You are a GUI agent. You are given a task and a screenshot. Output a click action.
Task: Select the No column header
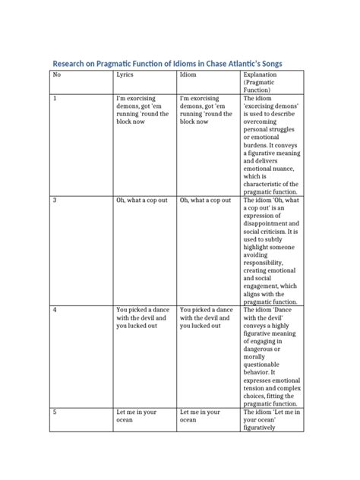pos(55,75)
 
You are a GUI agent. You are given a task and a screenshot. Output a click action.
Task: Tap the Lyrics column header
pos(126,75)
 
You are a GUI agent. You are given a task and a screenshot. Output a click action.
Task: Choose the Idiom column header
pos(188,75)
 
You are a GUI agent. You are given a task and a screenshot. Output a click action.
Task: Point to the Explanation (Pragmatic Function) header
pos(260,82)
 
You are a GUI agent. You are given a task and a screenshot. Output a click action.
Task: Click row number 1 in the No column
pos(54,99)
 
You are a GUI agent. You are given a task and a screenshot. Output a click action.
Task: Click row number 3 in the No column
pos(54,201)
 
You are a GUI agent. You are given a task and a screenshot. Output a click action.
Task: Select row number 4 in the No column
pos(54,310)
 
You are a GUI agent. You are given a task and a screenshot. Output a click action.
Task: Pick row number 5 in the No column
pos(54,412)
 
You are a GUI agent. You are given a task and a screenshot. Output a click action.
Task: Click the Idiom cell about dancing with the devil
pos(206,317)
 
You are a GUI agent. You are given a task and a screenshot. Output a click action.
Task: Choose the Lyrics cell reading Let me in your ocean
pos(137,416)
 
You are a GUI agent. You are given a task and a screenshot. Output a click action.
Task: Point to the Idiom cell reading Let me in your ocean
pos(199,416)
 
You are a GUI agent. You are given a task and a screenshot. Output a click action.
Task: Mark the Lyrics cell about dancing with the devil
pos(143,317)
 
